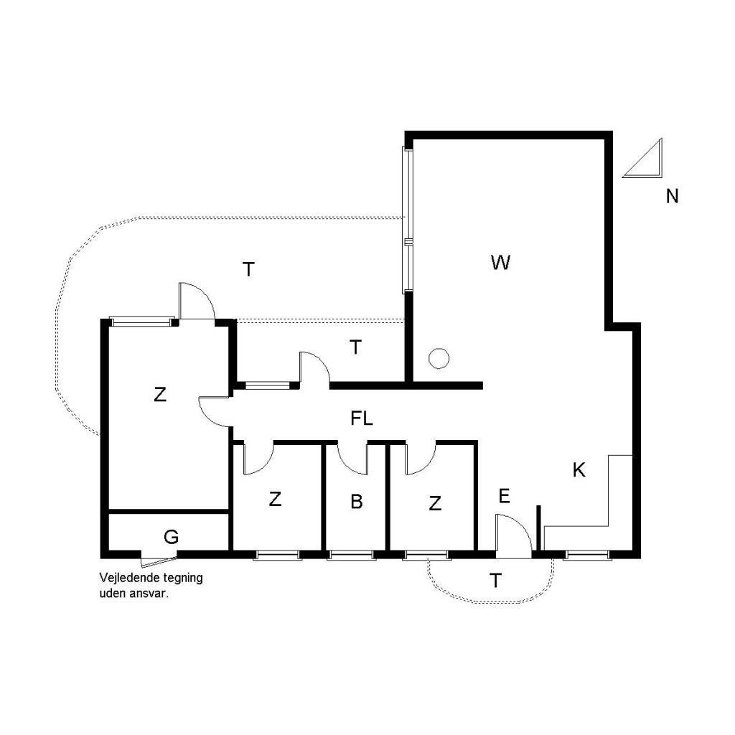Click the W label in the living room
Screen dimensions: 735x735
tap(500, 262)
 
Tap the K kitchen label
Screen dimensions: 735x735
tap(579, 469)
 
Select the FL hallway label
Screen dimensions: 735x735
tap(362, 418)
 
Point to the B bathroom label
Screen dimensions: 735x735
tap(356, 502)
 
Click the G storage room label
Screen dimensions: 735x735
tap(171, 537)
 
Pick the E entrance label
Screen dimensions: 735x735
tap(504, 496)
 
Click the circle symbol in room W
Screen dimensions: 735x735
tap(439, 359)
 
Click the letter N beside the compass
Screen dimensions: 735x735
tap(672, 196)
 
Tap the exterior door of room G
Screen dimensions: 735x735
tap(159, 558)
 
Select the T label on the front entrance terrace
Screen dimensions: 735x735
tap(495, 581)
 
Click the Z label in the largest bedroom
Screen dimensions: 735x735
tap(160, 395)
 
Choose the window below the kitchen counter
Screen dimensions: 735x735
tap(587, 555)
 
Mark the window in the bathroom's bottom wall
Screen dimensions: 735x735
tap(350, 555)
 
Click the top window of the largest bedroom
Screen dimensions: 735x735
tap(141, 321)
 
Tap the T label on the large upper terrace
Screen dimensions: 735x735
tap(248, 270)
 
